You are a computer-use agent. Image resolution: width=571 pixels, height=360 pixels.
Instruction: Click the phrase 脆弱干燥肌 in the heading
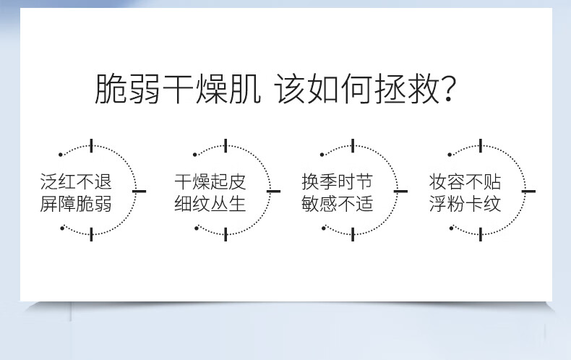pos(178,88)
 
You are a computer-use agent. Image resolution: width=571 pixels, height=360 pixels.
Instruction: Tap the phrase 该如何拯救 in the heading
pos(358,88)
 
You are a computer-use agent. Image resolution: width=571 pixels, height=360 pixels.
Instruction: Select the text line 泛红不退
pos(76,181)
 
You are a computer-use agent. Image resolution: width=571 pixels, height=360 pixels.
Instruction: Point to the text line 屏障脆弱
pos(76,204)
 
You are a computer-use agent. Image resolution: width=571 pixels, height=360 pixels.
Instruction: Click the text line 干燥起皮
pos(210,181)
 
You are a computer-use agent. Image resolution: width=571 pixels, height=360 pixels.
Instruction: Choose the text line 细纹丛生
pos(210,204)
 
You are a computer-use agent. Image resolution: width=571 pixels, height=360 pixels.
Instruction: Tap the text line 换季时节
pos(338,181)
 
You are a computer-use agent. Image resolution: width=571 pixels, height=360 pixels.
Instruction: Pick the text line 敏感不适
pos(338,204)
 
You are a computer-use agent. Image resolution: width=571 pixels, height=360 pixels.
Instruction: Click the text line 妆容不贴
pos(465,181)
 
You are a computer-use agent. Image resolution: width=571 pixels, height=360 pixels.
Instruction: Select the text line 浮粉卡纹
pos(465,204)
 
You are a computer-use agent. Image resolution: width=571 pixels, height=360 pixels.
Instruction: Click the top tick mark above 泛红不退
pos(91,146)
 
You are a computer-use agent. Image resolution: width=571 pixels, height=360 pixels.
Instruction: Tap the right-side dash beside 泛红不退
pos(139,191)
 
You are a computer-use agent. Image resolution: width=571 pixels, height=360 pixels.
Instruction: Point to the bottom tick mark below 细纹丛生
pos(226,234)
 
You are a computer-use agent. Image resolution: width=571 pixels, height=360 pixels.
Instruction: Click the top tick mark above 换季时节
pos(353,146)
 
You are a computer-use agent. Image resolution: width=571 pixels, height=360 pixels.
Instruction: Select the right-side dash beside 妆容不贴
pos(528,191)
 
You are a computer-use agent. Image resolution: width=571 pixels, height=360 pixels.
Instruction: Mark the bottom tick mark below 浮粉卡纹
pos(481,234)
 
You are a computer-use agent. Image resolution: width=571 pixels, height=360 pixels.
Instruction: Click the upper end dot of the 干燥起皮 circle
pos(195,155)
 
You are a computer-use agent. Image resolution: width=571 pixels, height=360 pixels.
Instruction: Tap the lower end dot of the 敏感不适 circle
pos(324,228)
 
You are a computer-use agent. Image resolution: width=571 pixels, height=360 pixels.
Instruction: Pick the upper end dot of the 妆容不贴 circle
pos(450,155)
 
